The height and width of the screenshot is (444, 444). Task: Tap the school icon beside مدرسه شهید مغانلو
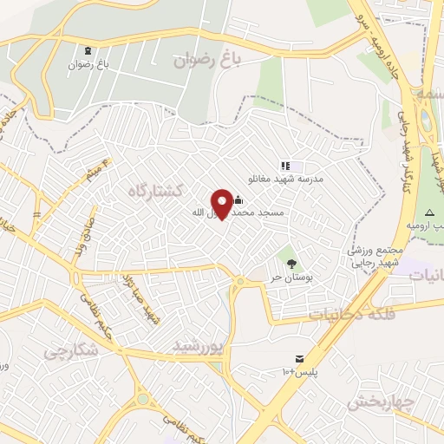pyautogui.click(x=284, y=166)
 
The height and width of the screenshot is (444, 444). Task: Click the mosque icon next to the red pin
pyautogui.click(x=238, y=199)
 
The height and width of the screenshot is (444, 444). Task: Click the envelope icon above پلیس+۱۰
pyautogui.click(x=299, y=358)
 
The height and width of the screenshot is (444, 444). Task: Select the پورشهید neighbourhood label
pyautogui.click(x=198, y=345)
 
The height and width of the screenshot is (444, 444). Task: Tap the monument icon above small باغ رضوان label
pyautogui.click(x=92, y=49)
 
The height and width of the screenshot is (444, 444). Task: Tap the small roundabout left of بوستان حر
pyautogui.click(x=239, y=281)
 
